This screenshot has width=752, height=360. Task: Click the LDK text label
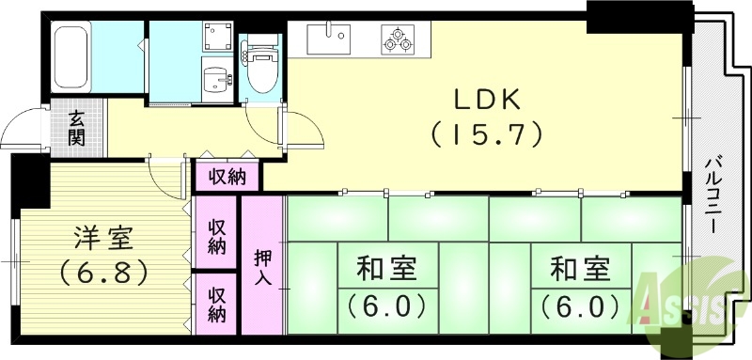[487, 99]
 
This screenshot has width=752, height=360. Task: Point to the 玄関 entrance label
[77, 129]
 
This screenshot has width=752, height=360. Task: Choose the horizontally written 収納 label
[227, 176]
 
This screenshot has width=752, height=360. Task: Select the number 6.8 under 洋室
[102, 274]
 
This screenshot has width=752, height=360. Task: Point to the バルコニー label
[713, 198]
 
